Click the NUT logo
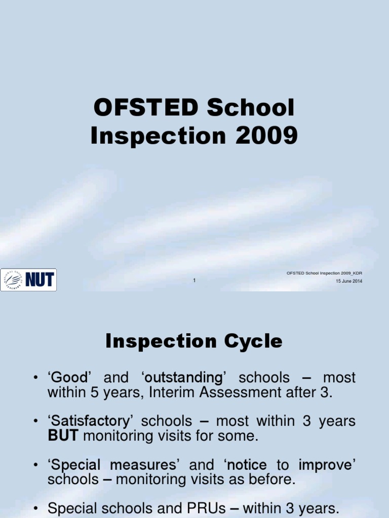(x=28, y=280)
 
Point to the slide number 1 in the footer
(x=194, y=280)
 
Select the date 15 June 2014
(x=349, y=281)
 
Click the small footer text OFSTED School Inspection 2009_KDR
(x=324, y=273)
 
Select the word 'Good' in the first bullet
(x=70, y=378)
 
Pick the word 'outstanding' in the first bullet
(x=183, y=378)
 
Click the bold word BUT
(x=63, y=436)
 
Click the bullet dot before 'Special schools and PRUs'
(x=36, y=508)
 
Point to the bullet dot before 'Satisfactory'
(x=36, y=421)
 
